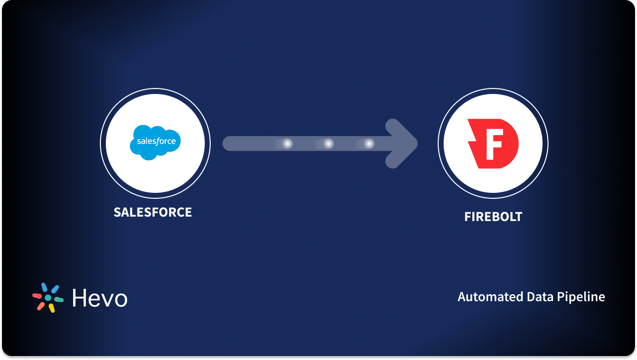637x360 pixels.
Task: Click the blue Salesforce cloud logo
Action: [155, 141]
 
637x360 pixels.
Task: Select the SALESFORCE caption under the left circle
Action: [153, 212]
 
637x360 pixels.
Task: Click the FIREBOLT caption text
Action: [493, 217]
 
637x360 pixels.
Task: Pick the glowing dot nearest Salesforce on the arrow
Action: [287, 143]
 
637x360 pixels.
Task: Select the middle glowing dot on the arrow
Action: [328, 143]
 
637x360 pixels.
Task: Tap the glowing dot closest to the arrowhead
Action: [368, 143]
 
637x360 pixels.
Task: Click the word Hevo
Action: [99, 298]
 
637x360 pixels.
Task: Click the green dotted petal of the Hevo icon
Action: [59, 300]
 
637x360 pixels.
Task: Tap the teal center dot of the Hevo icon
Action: [48, 298]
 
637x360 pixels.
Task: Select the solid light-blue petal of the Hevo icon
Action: [54, 289]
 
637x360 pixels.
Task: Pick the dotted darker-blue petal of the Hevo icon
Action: [44, 287]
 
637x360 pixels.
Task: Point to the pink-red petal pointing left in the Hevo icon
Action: [37, 296]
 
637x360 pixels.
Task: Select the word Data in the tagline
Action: [531, 297]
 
